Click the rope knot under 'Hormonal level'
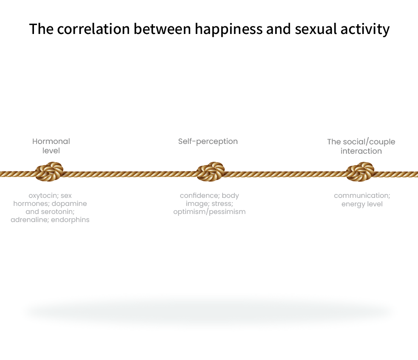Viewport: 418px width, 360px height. click(x=50, y=172)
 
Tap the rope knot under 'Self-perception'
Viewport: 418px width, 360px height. click(x=211, y=172)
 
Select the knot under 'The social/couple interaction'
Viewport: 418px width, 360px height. click(x=360, y=172)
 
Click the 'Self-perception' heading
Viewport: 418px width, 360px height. click(x=208, y=141)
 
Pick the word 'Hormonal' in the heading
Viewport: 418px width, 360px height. click(x=51, y=141)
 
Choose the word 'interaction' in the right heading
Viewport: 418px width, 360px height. click(x=361, y=151)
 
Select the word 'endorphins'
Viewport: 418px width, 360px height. click(x=71, y=220)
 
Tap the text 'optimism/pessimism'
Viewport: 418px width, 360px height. click(x=209, y=212)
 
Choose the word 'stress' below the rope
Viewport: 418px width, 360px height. click(x=222, y=204)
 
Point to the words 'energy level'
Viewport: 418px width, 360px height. click(x=362, y=204)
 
